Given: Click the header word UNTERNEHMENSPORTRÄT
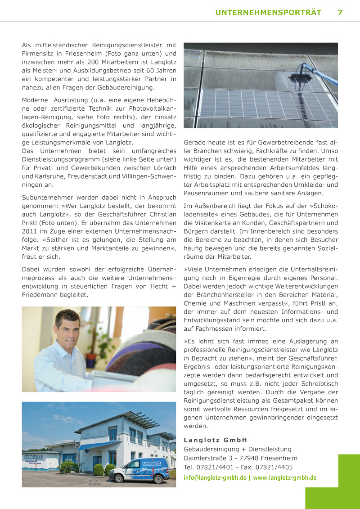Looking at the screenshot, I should coord(268,13).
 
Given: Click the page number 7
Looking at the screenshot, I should coord(340,13).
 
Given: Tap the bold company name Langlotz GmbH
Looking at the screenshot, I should coord(216,440).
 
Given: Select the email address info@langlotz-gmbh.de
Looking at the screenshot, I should coord(215,477).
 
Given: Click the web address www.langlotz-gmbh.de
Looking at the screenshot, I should coord(285,477).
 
